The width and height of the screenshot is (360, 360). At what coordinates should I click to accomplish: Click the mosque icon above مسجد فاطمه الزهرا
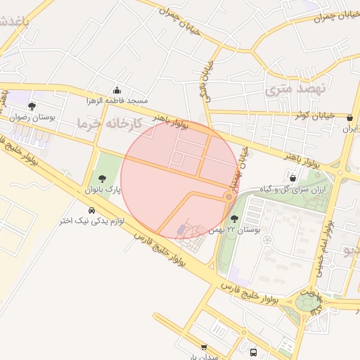[x=117, y=90]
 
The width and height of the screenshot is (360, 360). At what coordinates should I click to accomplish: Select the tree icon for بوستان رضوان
[x=32, y=106]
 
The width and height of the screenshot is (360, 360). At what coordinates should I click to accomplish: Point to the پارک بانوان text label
[x=103, y=191]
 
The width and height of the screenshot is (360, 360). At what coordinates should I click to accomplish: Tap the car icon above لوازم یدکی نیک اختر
[x=91, y=210]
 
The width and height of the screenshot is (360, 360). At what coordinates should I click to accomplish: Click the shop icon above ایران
[x=350, y=117]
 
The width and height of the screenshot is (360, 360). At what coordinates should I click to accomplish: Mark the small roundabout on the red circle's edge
[x=229, y=198]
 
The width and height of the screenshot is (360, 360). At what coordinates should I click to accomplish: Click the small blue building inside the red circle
[x=184, y=229]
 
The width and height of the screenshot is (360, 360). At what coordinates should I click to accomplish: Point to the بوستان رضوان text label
[x=32, y=117]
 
